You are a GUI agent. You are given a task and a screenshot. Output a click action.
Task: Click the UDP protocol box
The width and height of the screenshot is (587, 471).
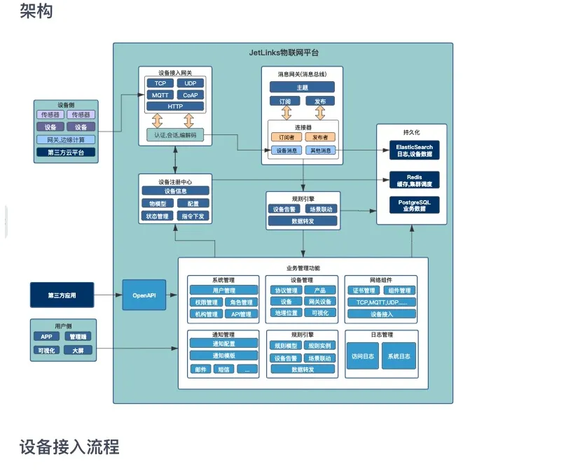click(x=191, y=83)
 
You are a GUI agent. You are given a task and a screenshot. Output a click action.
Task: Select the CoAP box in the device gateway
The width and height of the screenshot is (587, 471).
click(x=191, y=94)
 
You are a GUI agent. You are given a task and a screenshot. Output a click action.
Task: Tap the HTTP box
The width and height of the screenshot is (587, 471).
click(x=175, y=106)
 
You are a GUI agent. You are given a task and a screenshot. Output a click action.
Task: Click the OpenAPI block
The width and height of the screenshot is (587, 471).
click(x=144, y=295)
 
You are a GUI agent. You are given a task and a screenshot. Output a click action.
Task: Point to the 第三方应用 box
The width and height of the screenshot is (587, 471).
click(x=62, y=295)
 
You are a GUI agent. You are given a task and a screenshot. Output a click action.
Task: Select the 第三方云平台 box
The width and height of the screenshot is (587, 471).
click(x=66, y=152)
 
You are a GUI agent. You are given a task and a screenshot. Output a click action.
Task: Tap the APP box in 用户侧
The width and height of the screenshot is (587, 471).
click(x=46, y=337)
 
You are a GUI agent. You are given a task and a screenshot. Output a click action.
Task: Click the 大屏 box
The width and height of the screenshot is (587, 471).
click(x=78, y=349)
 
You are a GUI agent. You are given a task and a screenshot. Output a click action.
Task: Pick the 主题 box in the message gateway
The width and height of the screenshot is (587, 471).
click(x=302, y=87)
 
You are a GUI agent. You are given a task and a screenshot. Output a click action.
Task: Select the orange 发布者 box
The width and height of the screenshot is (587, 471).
click(x=320, y=137)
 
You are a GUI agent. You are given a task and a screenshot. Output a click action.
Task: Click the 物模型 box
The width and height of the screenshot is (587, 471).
click(x=156, y=203)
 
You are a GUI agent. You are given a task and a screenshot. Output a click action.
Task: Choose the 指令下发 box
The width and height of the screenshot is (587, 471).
click(x=193, y=216)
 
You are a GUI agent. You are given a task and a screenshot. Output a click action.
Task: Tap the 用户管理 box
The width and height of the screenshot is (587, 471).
click(x=223, y=290)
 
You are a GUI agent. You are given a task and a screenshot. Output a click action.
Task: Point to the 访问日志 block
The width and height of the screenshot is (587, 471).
click(x=364, y=356)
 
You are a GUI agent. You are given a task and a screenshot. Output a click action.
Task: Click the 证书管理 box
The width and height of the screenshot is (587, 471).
click(x=364, y=290)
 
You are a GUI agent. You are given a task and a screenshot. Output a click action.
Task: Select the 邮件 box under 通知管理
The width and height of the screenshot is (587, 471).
click(x=201, y=369)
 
